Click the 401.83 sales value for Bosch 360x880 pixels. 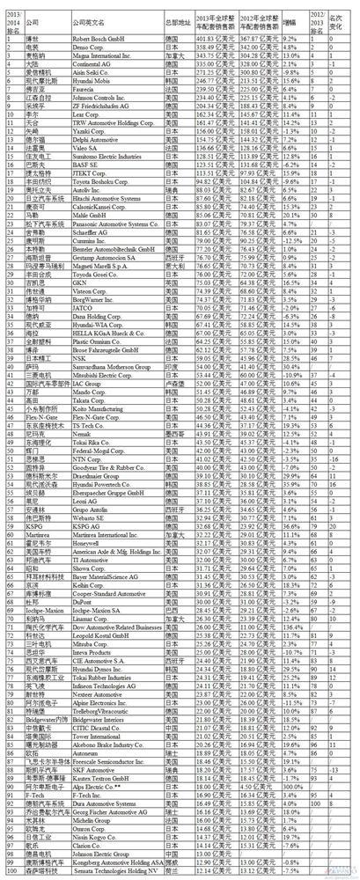point(212,40)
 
